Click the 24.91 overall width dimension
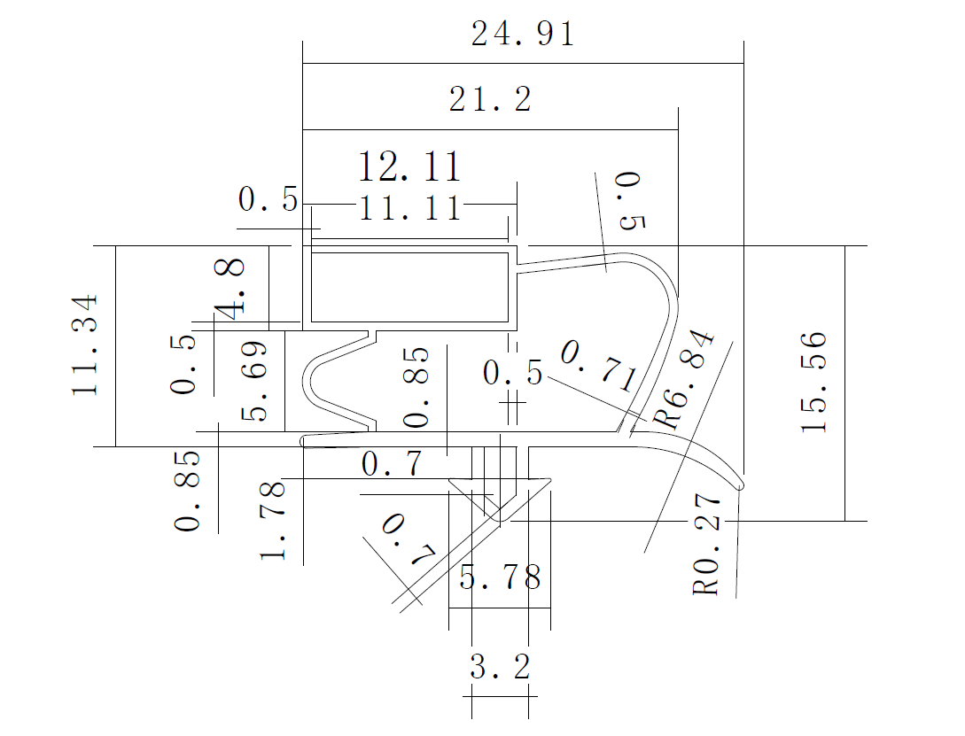(523, 35)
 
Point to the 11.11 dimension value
(409, 209)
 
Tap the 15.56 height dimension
(813, 382)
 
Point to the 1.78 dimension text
(273, 520)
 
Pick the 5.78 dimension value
(500, 579)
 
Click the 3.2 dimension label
(500, 667)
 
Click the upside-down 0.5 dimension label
(630, 201)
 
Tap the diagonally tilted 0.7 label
(409, 540)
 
